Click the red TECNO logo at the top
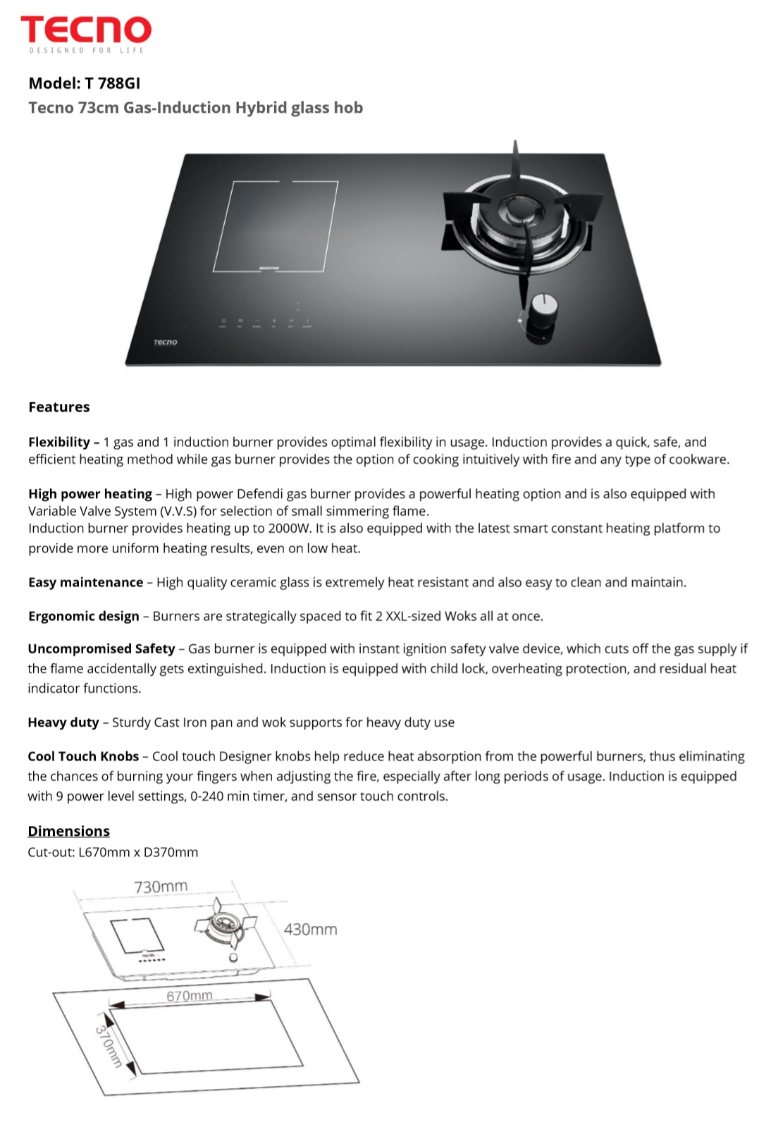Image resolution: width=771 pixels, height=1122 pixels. [x=86, y=31]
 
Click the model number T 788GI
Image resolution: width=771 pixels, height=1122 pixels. [x=112, y=83]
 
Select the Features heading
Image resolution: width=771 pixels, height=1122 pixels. [x=59, y=407]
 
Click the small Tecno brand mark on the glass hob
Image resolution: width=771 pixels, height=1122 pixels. [x=166, y=343]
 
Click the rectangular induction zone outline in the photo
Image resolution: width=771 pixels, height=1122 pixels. [x=275, y=226]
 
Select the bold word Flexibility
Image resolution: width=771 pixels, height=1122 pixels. [x=59, y=442]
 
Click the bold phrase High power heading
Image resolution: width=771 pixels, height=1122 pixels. [x=90, y=494]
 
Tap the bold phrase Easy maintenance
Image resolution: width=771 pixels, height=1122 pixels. [x=85, y=582]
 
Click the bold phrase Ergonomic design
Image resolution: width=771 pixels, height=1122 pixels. [x=84, y=616]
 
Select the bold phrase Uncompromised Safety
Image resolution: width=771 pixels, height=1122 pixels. [x=101, y=648]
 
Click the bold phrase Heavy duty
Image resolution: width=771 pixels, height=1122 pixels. [x=63, y=722]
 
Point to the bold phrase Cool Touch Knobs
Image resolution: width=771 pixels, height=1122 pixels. [x=83, y=756]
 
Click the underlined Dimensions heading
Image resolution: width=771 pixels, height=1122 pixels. [x=68, y=831]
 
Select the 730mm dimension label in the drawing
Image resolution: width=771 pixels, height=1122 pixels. [x=161, y=887]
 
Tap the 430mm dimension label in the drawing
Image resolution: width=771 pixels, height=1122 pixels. [x=310, y=930]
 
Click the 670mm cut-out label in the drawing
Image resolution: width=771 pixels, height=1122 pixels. [x=190, y=996]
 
